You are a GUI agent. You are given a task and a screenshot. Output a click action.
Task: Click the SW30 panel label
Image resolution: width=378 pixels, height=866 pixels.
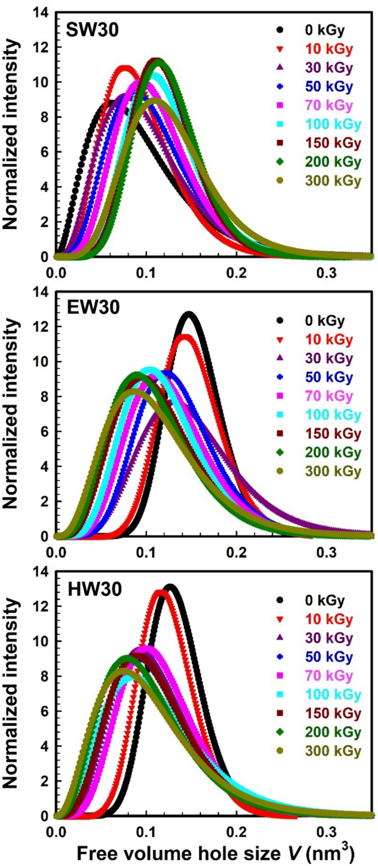coord(92,30)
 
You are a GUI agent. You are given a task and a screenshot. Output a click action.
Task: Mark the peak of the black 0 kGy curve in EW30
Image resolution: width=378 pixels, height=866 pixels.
coord(189,314)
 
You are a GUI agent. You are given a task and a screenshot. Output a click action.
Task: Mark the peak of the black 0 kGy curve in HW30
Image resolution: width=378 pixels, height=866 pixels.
coord(170,587)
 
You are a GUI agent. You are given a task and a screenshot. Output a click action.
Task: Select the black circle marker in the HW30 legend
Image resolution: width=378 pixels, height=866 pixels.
coord(280,600)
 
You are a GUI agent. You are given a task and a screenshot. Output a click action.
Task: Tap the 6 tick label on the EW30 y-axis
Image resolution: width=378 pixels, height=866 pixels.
coord(44,431)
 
